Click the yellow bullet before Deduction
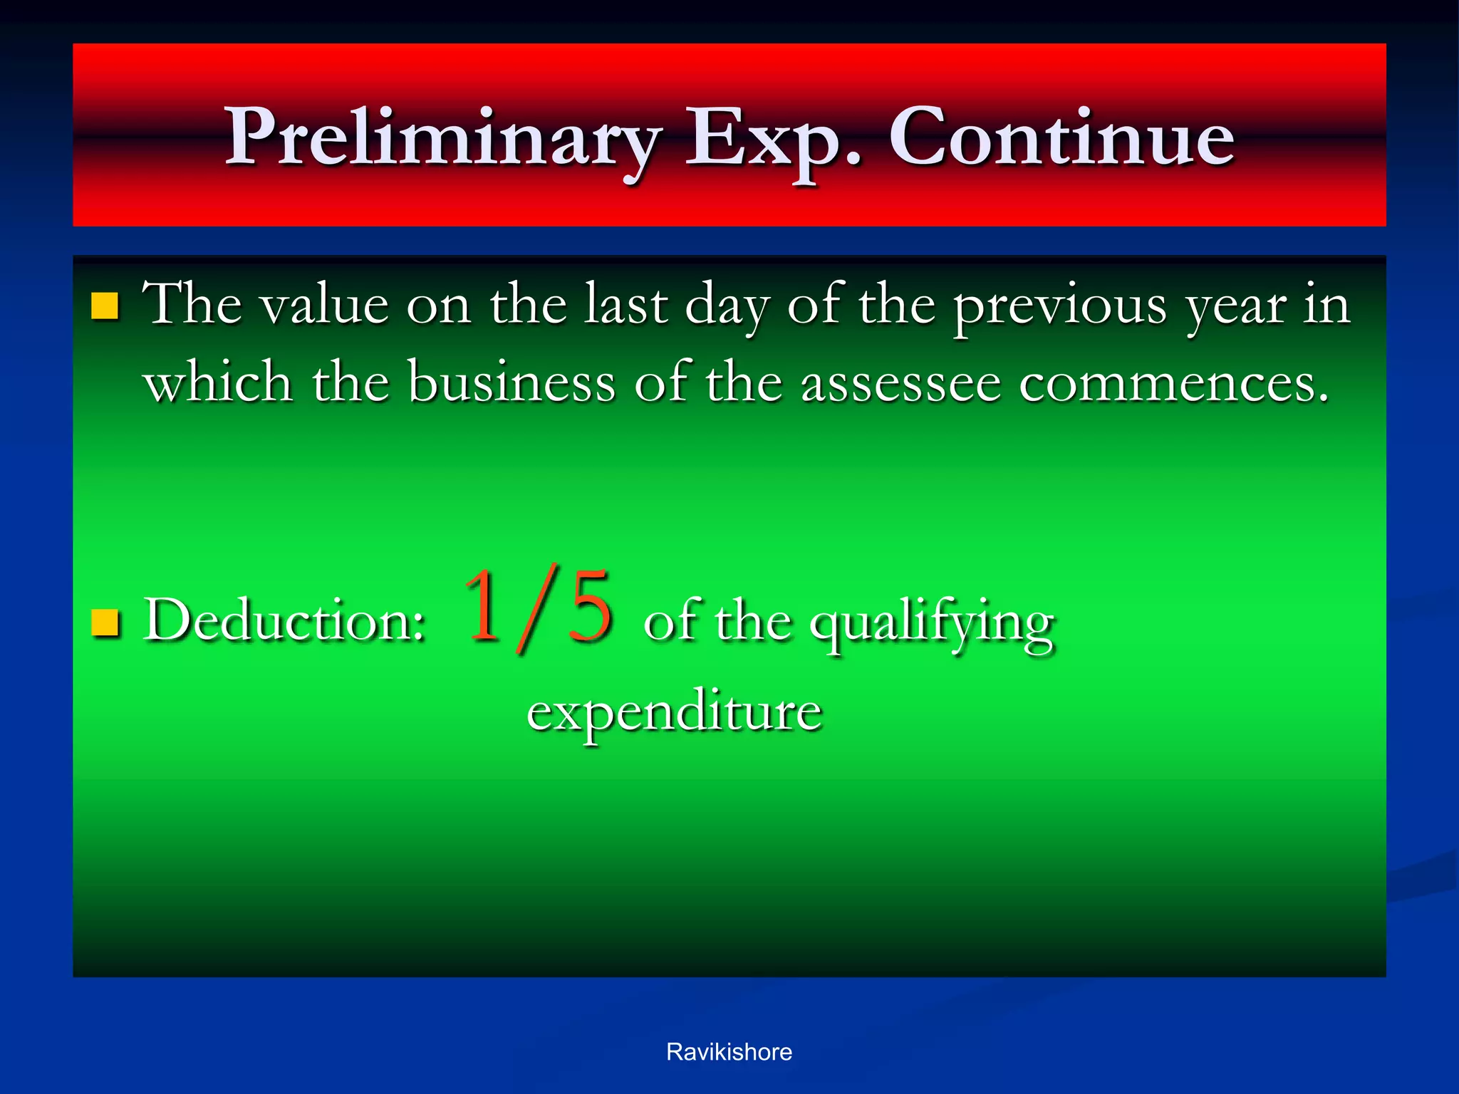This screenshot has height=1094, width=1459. coord(105,622)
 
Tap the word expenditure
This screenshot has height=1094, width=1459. coord(674,712)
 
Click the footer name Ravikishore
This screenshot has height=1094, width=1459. coord(729,1052)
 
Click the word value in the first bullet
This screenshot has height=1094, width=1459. coord(324,306)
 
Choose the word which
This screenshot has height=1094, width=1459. coord(217,383)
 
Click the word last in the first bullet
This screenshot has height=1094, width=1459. coord(625,306)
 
